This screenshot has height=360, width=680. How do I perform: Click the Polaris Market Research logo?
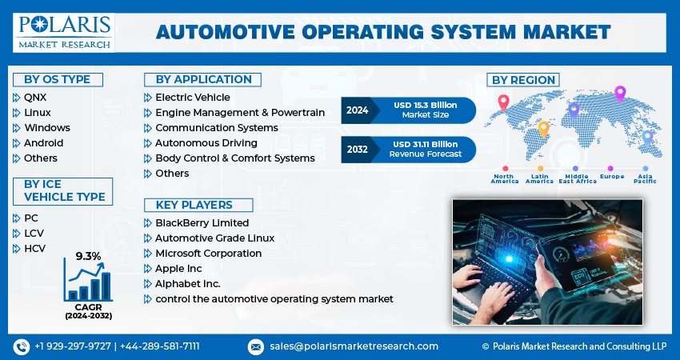pyautogui.click(x=65, y=31)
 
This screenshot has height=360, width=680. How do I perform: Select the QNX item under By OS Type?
pyautogui.click(x=35, y=98)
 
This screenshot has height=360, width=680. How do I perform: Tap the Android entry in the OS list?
pyautogui.click(x=43, y=143)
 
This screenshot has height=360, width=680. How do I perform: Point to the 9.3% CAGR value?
pyautogui.click(x=88, y=256)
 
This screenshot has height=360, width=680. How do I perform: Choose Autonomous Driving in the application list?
pyautogui.click(x=206, y=143)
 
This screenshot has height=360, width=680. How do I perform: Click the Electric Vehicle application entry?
pyautogui.click(x=192, y=98)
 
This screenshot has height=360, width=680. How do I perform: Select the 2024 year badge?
pyautogui.click(x=358, y=110)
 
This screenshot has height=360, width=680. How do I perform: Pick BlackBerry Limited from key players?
pyautogui.click(x=202, y=223)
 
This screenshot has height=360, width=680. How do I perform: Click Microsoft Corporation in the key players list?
pyautogui.click(x=208, y=254)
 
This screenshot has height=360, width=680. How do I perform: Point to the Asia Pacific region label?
pyautogui.click(x=644, y=178)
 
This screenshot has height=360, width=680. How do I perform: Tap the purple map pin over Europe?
pyautogui.click(x=619, y=94)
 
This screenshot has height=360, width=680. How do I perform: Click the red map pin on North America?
pyautogui.click(x=503, y=102)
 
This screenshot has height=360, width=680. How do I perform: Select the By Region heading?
pyautogui.click(x=523, y=80)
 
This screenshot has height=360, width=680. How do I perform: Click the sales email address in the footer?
pyautogui.click(x=354, y=346)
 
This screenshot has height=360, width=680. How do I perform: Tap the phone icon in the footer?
pyautogui.click(x=21, y=346)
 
